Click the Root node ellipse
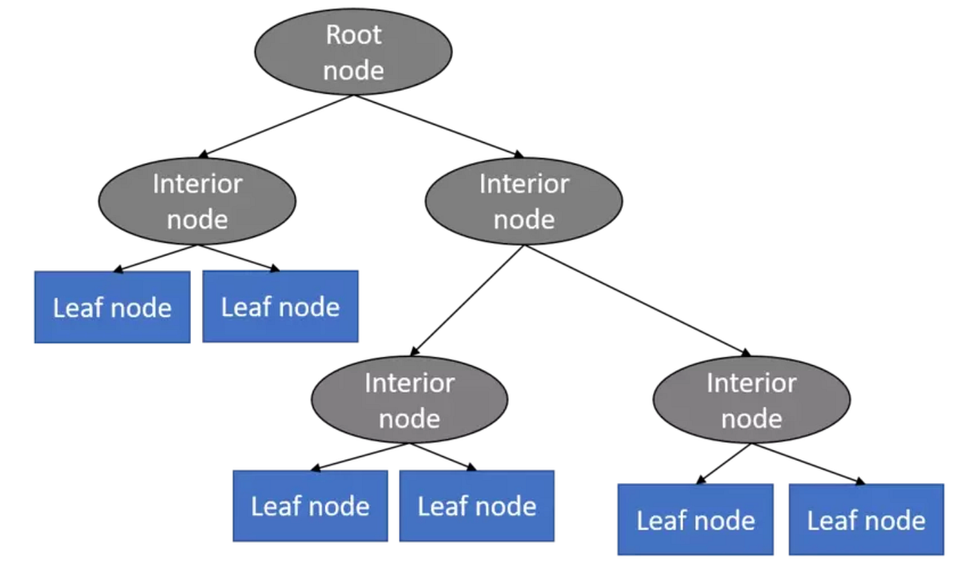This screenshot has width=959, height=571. pos(353,52)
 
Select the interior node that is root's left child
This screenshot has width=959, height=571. pos(197,201)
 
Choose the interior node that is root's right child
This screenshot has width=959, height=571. pos(523,201)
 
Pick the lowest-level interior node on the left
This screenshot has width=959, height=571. pos(409,400)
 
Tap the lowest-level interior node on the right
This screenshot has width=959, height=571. pos(751,400)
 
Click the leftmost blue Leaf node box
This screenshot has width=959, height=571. pos(112,307)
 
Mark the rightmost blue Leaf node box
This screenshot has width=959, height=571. pos(865,520)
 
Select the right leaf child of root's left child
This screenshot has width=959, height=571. pos(280,307)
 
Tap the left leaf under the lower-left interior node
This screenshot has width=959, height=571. pos(310,506)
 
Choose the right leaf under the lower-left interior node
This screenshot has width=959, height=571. pos(476,506)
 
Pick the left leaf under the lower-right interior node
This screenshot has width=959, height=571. pos(695,520)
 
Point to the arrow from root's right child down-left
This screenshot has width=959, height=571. pos(468,300)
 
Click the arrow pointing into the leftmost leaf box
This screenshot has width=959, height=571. pos(156,258)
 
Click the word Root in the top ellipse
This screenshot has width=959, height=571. pos(353,35)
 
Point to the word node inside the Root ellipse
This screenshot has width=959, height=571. pos(353,70)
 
